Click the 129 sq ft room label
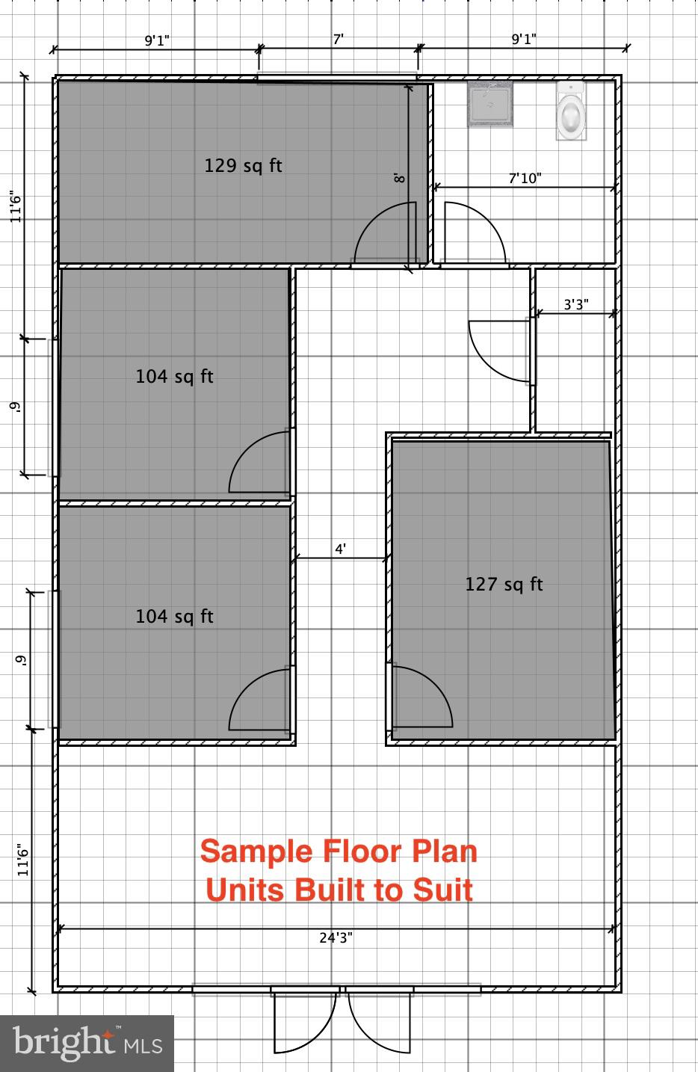(x=243, y=165)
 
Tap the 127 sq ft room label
(x=504, y=584)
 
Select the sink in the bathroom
(x=490, y=104)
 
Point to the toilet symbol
(x=571, y=111)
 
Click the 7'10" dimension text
(x=525, y=178)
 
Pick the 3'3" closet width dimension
(x=575, y=304)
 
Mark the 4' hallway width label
(x=340, y=549)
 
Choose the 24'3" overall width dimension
(x=336, y=937)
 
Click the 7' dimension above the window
(x=339, y=40)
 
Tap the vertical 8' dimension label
(x=400, y=178)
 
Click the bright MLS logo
(x=87, y=1043)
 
